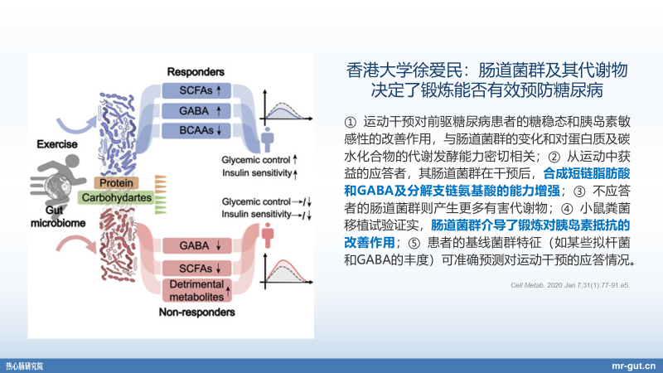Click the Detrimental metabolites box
[x=196, y=290]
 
